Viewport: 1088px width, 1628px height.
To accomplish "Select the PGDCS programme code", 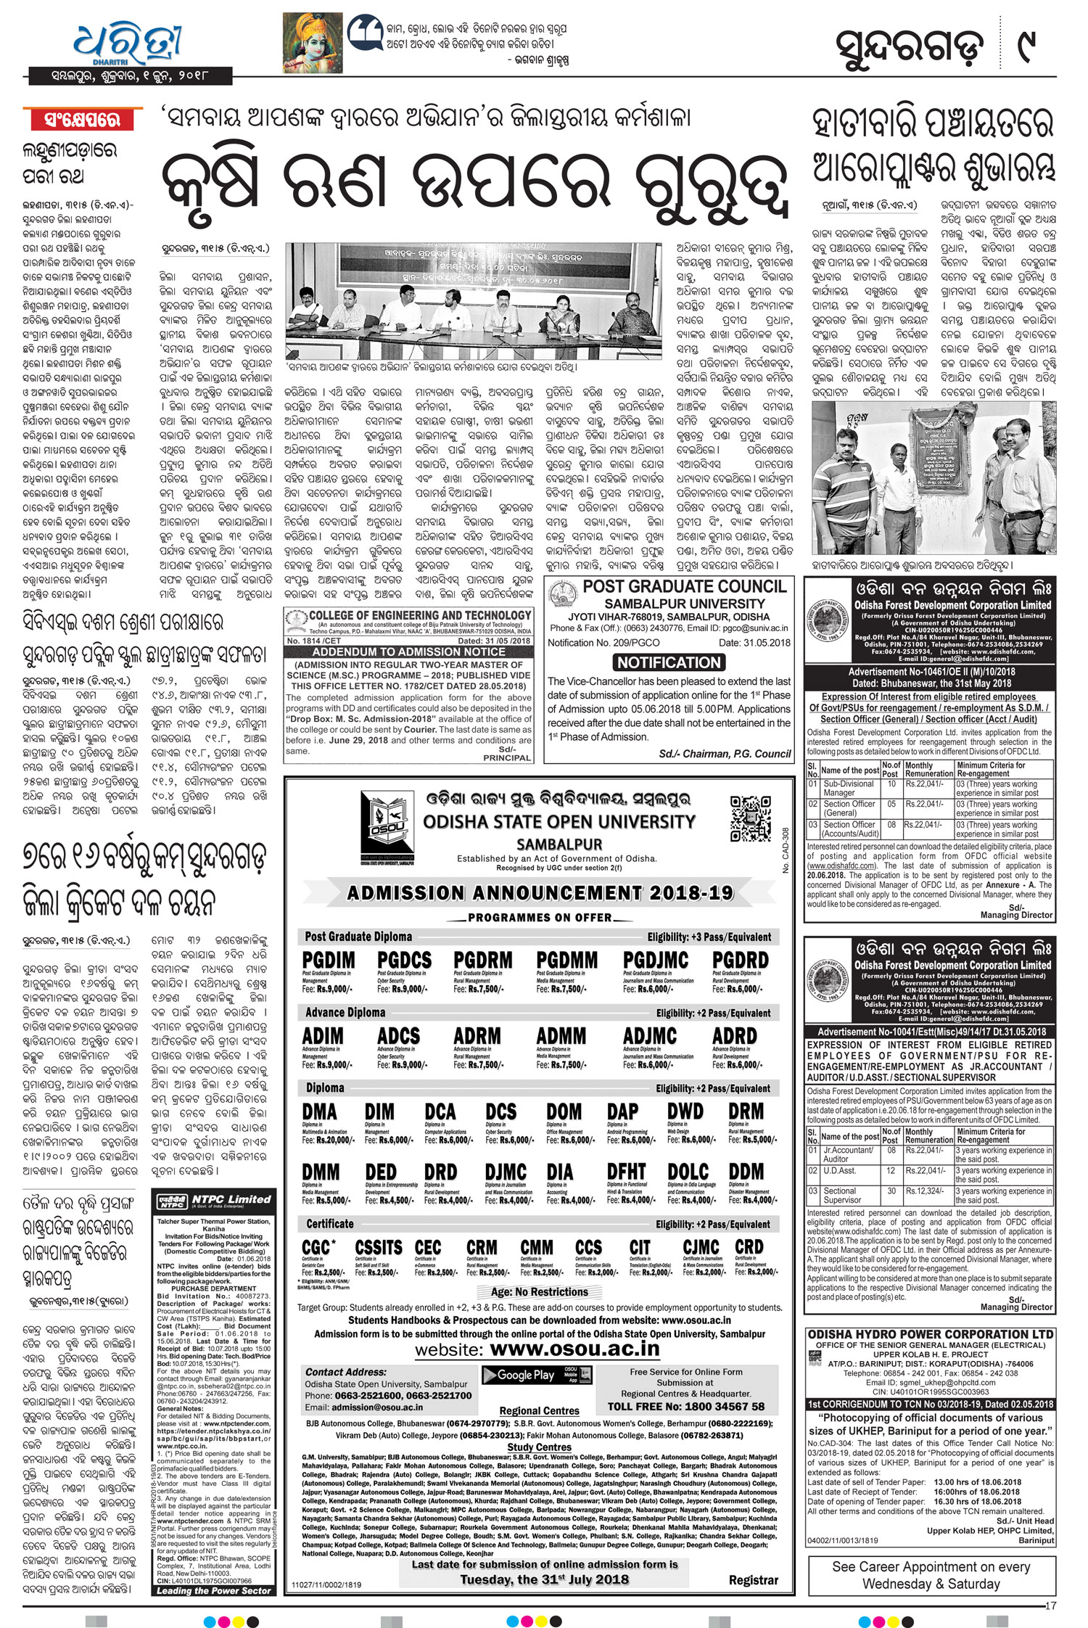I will pos(405,961).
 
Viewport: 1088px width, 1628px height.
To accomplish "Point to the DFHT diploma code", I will pos(626,1172).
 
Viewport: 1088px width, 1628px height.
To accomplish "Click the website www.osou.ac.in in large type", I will pos(574,1349).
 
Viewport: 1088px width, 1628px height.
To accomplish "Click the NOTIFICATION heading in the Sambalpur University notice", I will pos(669,662).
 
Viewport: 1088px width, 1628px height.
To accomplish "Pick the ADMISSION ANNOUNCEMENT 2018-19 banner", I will pos(540,892).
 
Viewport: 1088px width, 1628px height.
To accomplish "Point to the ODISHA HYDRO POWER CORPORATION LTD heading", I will pos(931,1334).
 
